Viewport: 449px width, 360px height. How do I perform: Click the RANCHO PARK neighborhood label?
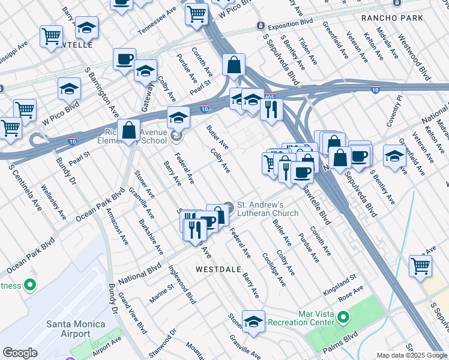392,18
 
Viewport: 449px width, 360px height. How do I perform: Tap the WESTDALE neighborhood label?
220,269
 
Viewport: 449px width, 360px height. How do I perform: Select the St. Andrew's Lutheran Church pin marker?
228,205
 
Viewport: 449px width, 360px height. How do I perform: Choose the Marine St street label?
162,293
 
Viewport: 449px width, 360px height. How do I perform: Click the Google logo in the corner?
20,353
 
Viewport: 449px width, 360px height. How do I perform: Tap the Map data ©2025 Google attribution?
411,355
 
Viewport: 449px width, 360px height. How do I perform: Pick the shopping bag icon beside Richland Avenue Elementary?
129,130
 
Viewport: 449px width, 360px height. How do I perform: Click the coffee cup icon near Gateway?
124,59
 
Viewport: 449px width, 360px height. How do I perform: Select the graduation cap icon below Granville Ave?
253,322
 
